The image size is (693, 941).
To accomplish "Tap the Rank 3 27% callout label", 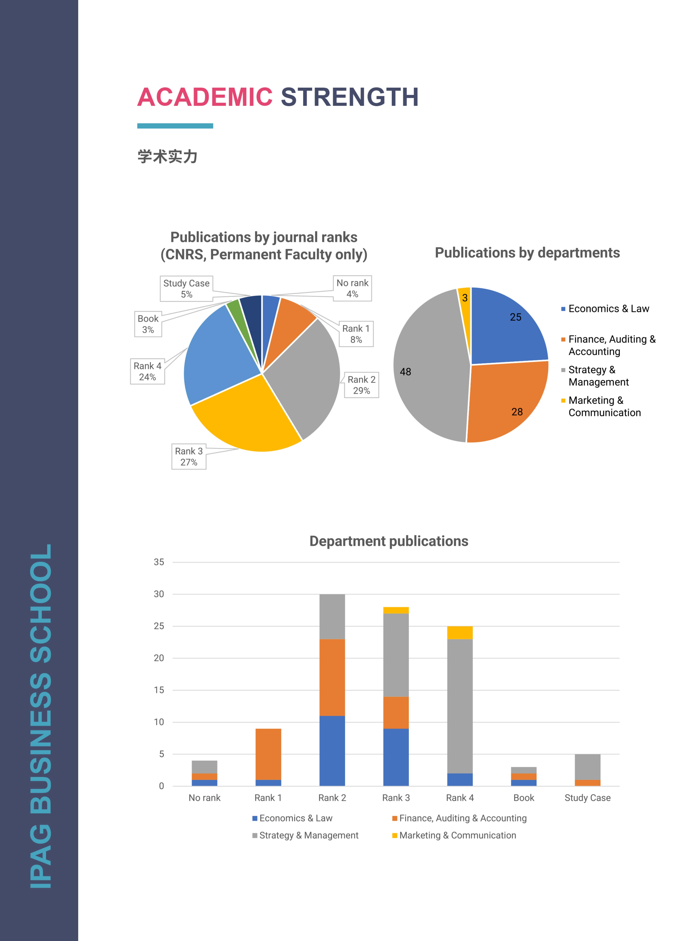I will click(189, 457).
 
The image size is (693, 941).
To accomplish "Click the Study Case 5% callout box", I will click(186, 289).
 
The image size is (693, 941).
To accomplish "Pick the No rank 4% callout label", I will click(352, 288).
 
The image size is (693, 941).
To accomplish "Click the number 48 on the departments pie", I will click(405, 372).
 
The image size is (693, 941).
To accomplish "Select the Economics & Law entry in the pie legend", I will click(608, 309).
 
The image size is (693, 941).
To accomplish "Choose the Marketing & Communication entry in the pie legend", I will click(604, 406).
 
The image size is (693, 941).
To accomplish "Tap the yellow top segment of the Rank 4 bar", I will click(460, 632).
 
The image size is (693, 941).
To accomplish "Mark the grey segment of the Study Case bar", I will click(587, 766).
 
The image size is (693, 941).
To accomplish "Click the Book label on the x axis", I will click(524, 798).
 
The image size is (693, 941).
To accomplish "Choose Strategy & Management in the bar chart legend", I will click(308, 835).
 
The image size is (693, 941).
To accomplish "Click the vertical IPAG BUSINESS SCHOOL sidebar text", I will click(40, 716).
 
